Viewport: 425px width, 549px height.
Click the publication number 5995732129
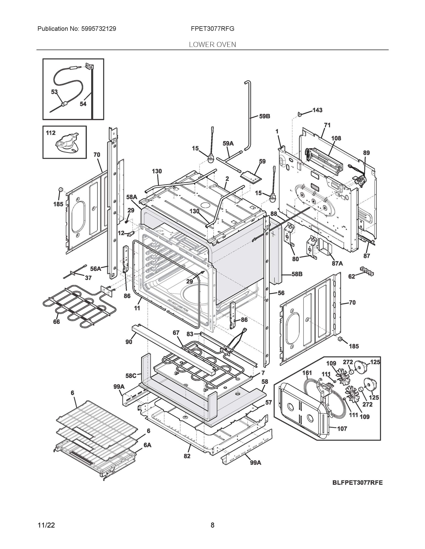coord(99,29)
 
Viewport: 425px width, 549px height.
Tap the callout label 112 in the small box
coord(51,133)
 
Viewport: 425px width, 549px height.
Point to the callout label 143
coord(317,110)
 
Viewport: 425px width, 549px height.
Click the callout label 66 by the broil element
coord(56,322)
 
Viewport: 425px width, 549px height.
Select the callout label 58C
coord(131,376)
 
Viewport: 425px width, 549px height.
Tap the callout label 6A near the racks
coord(148,445)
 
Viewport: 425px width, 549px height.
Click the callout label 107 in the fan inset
coord(342,429)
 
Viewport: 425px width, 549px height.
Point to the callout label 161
coord(307,373)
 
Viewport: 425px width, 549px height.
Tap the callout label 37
coord(88,278)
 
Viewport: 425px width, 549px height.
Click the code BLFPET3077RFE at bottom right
coord(357,483)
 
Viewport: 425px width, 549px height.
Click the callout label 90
coord(129,342)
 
